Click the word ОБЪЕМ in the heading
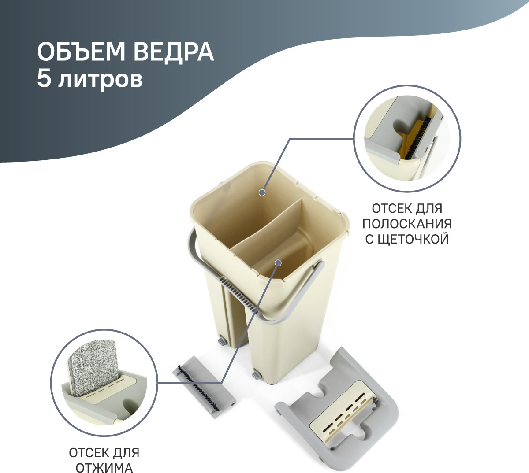tap(81, 52)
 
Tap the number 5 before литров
tap(44, 78)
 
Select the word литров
tap(100, 80)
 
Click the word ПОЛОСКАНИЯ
tap(407, 224)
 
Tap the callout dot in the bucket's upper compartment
tap(262, 192)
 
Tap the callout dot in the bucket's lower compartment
tap(278, 263)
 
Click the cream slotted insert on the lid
tap(342, 406)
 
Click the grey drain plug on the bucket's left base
tap(222, 341)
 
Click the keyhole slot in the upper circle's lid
tap(403, 127)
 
